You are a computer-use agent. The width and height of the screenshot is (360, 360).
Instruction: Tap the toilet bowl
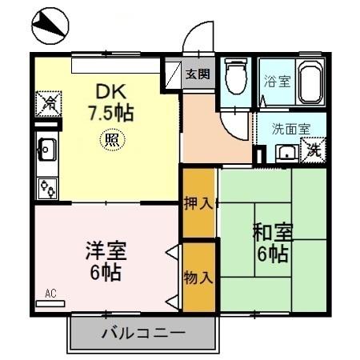coord(234,78)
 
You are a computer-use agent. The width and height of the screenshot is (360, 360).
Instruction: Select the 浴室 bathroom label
coord(277,80)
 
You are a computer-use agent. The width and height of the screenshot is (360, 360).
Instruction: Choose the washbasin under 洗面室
coord(285,152)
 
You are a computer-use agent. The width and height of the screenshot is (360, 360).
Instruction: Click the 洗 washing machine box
coord(314,150)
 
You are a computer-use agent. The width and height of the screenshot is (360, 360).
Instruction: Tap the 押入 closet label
coord(198,202)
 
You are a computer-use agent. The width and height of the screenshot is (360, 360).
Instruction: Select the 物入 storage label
coord(198,277)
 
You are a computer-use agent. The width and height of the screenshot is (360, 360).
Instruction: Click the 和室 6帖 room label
coord(272,244)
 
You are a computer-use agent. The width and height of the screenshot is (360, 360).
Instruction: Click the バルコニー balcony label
coord(144,333)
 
